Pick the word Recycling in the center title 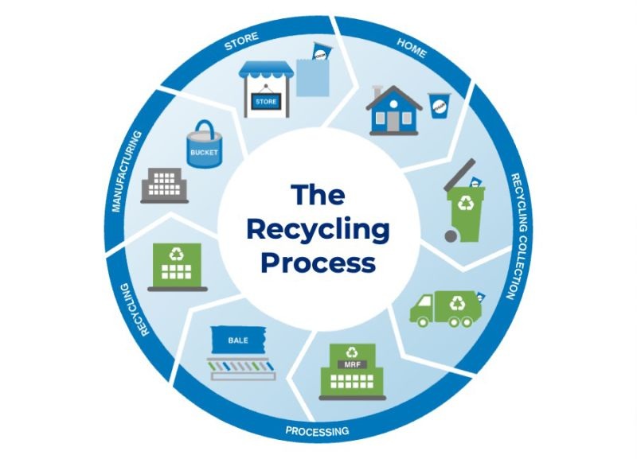pyautogui.click(x=318, y=229)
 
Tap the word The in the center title pyautogui.click(x=318, y=195)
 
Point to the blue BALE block pyautogui.click(x=238, y=340)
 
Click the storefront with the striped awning pyautogui.click(x=266, y=88)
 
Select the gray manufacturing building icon pyautogui.click(x=165, y=185)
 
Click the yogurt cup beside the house pyautogui.click(x=437, y=104)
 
